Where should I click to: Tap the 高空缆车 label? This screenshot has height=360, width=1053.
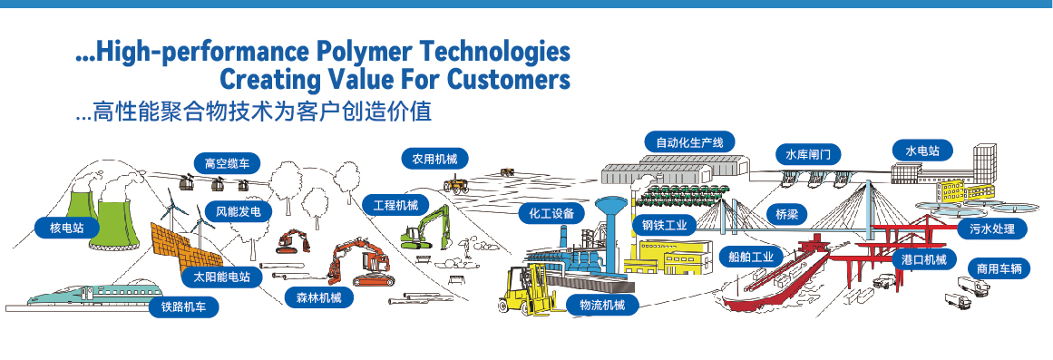[x=227, y=164]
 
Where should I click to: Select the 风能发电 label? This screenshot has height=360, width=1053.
[x=238, y=212]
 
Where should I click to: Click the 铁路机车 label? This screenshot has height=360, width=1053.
[x=183, y=306]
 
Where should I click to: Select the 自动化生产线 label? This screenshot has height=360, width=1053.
[x=689, y=141]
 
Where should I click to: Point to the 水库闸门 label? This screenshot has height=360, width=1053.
[x=807, y=154]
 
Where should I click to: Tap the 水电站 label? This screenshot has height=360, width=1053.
[x=921, y=150]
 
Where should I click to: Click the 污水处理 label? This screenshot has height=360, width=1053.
[x=992, y=229]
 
